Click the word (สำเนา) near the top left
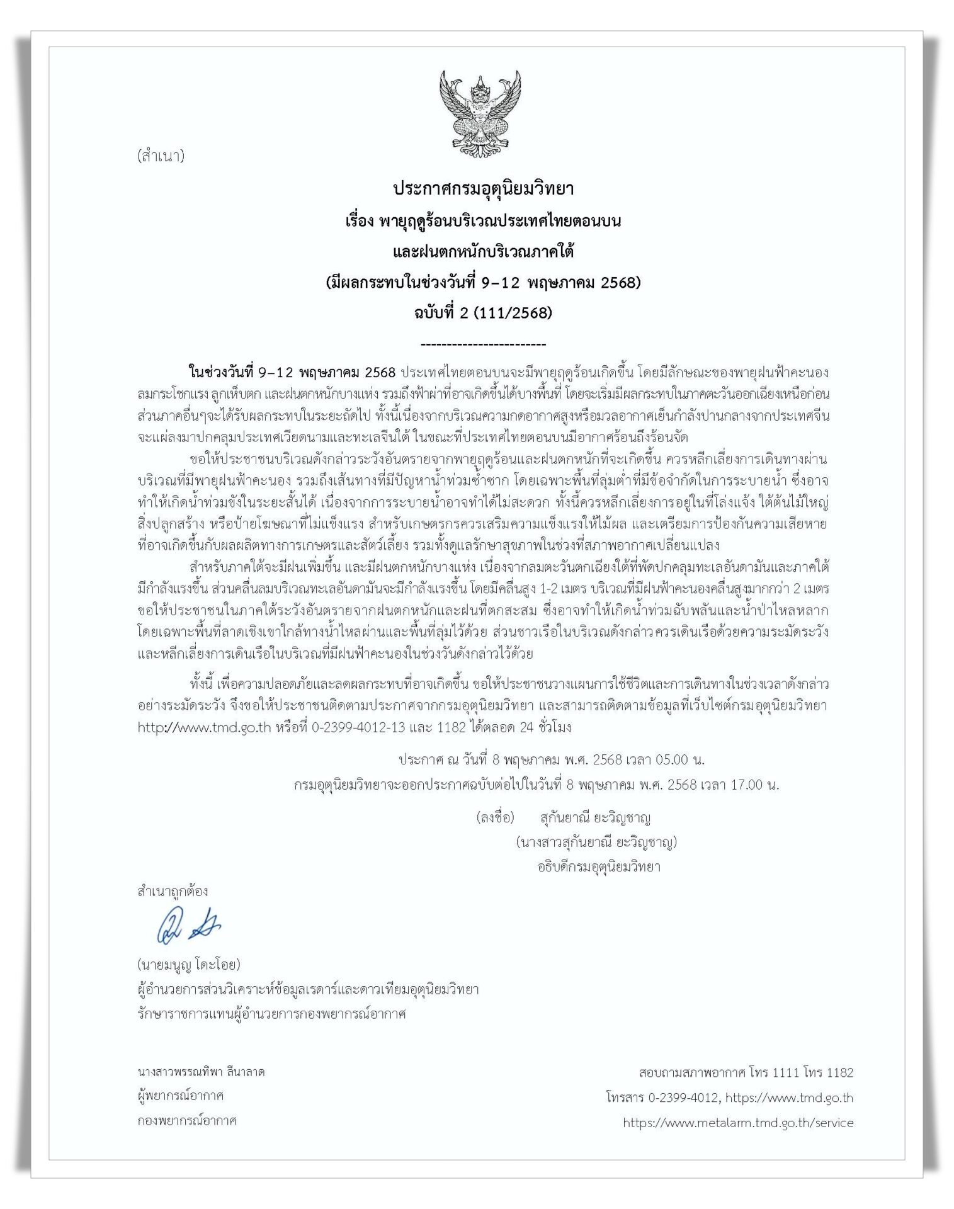(x=160, y=156)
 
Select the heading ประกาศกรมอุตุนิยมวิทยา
(x=483, y=188)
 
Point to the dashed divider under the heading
(x=482, y=344)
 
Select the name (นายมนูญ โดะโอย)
(x=189, y=964)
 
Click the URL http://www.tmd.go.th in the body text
(x=204, y=727)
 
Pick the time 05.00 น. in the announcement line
(x=680, y=759)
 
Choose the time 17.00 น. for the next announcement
(x=754, y=785)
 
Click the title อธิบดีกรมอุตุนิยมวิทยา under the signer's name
(x=598, y=866)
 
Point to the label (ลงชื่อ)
(x=495, y=818)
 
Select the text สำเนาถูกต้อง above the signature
(x=173, y=891)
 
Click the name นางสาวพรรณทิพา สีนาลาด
(x=201, y=1071)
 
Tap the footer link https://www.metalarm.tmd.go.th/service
(x=738, y=1122)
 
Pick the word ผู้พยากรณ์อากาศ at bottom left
(x=181, y=1096)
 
